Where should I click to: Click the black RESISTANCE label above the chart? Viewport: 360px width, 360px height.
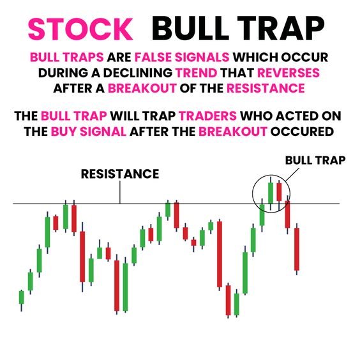(120, 174)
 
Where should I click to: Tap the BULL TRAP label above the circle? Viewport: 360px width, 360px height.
(315, 161)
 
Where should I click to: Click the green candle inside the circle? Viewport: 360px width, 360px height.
(270, 192)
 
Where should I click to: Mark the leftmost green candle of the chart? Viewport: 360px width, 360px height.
(21, 297)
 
